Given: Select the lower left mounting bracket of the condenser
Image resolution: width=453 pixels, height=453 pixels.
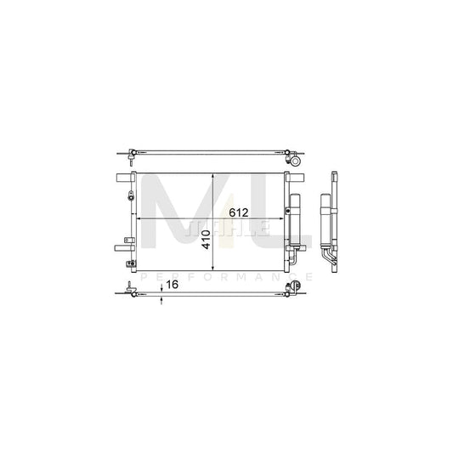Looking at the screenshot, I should (122, 248).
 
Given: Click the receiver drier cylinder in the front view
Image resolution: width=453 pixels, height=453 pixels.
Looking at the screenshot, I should (295, 218).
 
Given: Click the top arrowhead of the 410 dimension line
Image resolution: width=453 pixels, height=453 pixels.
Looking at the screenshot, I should (213, 176).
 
